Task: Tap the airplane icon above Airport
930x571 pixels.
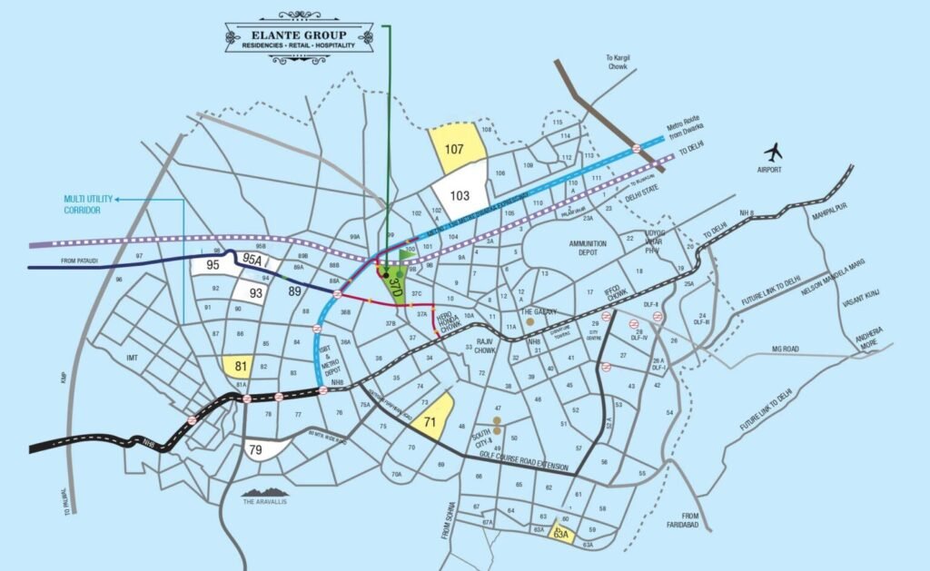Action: click(x=775, y=151)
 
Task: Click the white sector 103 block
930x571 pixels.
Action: click(x=460, y=193)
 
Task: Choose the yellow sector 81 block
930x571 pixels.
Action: click(x=241, y=367)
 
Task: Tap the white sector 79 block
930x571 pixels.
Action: click(x=257, y=449)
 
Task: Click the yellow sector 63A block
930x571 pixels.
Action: click(x=562, y=534)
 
